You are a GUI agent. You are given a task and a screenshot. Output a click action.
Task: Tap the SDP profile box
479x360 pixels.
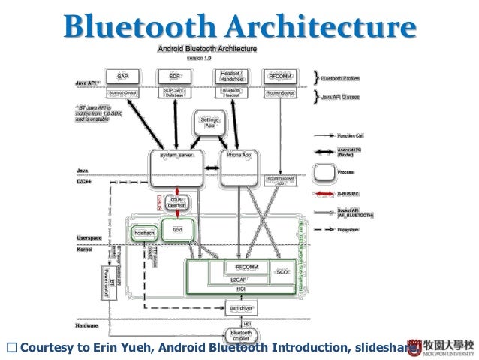(175, 77)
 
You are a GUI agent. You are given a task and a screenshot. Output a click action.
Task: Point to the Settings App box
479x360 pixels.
(207, 123)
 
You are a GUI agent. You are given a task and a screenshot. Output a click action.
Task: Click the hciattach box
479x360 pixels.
(143, 234)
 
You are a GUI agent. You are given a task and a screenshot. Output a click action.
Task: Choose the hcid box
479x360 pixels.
(177, 229)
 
